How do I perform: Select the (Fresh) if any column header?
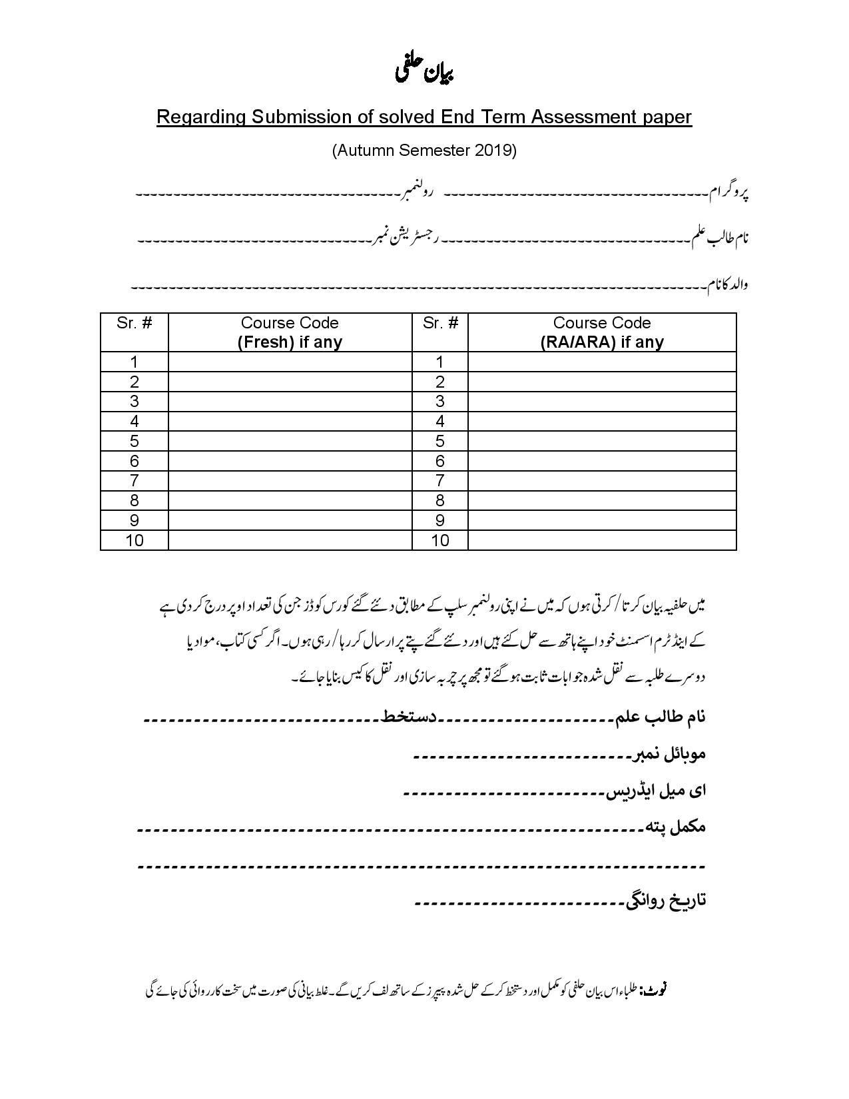[x=290, y=342]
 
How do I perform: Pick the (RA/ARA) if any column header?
[x=601, y=342]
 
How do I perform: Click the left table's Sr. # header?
[x=134, y=323]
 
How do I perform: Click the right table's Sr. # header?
[x=440, y=323]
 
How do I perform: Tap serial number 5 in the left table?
[x=135, y=441]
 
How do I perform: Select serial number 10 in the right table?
[x=440, y=540]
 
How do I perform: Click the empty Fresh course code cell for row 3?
[x=290, y=402]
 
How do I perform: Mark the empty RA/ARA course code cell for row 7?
[x=601, y=481]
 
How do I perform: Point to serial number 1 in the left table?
[x=135, y=362]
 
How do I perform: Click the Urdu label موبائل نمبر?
[x=668, y=754]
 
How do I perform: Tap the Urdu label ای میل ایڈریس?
[x=655, y=791]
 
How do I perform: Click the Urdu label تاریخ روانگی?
[x=665, y=901]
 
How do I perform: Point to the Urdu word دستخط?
[x=408, y=717]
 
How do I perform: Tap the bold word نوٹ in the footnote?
[x=654, y=990]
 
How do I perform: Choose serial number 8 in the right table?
[x=440, y=500]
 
